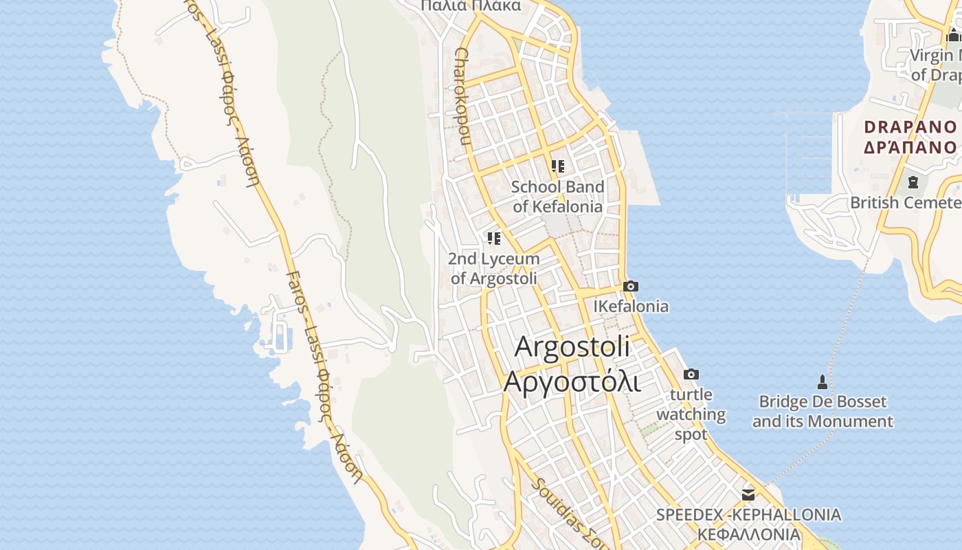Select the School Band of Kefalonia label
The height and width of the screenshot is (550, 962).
tap(557, 197)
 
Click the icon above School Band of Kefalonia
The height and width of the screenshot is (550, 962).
tap(558, 166)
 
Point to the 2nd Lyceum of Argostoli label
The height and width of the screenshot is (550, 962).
tap(493, 269)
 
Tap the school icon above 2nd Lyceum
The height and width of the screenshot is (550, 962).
tap(493, 239)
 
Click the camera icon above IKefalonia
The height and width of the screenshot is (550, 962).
tap(630, 286)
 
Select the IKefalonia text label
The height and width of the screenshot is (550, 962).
tap(631, 306)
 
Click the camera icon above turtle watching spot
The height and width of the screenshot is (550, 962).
tap(691, 374)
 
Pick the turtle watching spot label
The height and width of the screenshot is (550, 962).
tap(691, 415)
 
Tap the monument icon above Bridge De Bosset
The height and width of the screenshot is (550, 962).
tap(822, 382)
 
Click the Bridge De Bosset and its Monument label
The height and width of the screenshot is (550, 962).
tap(823, 411)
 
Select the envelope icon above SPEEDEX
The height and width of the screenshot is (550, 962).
tap(748, 494)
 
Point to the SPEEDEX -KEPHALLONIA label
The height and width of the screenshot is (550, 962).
tap(748, 515)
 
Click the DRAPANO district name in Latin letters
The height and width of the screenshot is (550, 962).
tap(910, 127)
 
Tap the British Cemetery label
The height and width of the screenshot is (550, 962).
tap(906, 203)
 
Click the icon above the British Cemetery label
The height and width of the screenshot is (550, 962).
tap(913, 182)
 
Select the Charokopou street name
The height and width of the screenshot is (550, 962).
tap(462, 96)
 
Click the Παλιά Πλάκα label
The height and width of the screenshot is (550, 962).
tap(471, 6)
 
